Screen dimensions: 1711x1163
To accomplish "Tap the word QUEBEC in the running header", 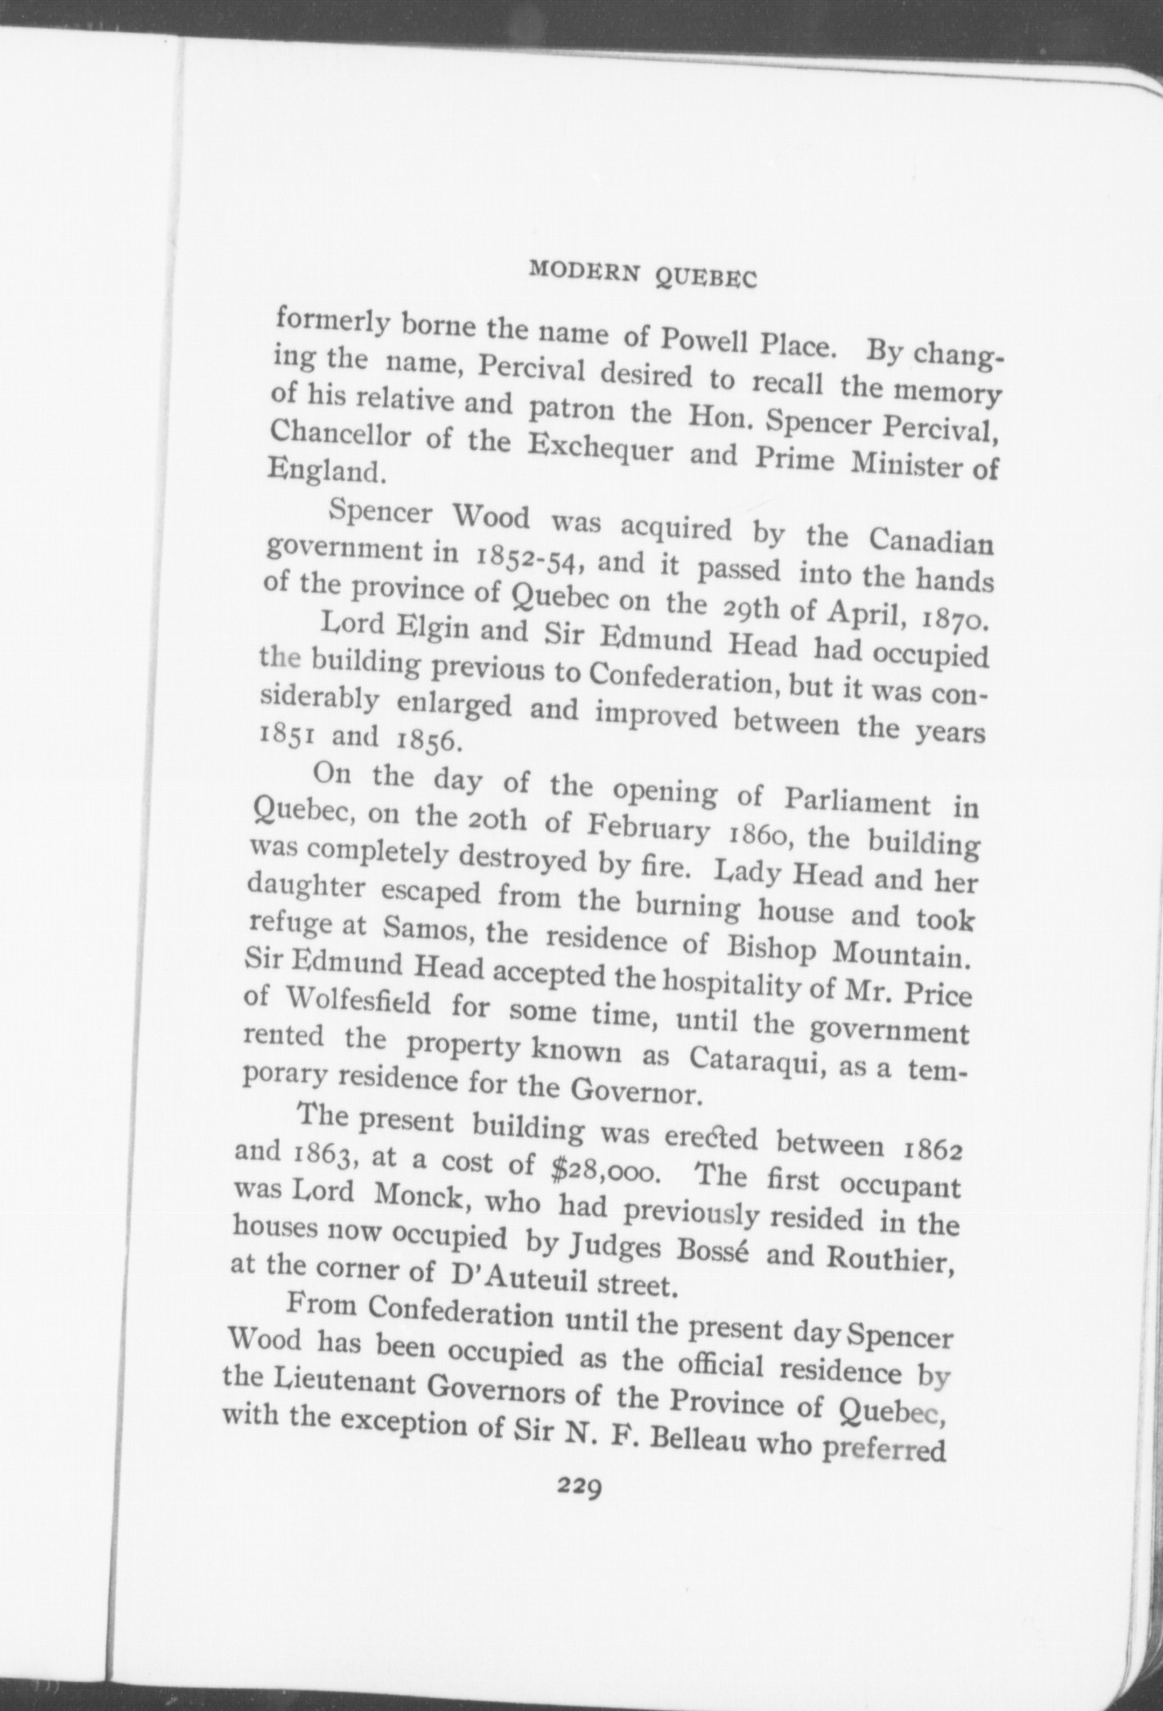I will tap(706, 279).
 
